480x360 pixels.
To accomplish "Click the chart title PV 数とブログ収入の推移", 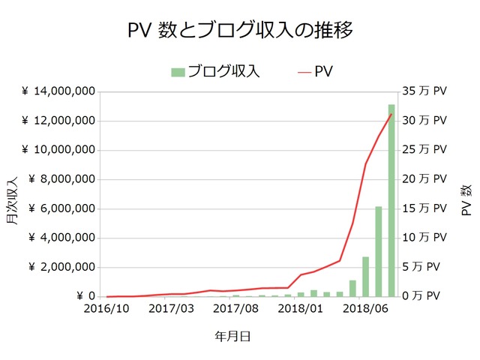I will [240, 31].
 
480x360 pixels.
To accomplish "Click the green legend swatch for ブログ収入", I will [178, 72].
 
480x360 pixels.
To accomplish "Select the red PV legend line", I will [303, 72].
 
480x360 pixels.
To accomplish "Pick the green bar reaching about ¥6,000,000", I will [379, 251].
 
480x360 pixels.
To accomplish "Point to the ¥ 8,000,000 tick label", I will [62, 179].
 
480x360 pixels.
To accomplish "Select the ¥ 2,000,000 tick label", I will [62, 267].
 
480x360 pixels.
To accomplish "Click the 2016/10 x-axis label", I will [107, 308].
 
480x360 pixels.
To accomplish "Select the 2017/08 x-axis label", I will [236, 308].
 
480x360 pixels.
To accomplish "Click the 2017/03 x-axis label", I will [172, 308].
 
